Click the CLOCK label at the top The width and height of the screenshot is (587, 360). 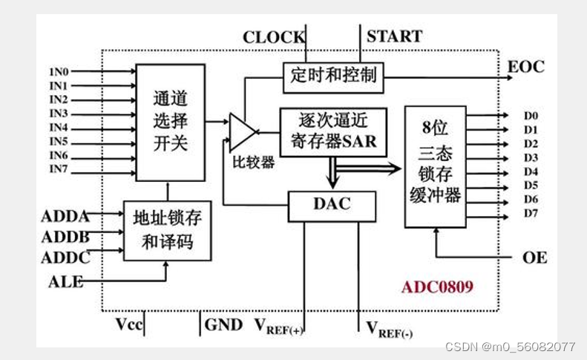pos(273,37)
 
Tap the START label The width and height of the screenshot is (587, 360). pos(394,36)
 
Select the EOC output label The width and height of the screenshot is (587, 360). pos(525,68)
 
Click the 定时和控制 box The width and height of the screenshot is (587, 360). pos(333,76)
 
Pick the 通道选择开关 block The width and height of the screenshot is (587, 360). pos(170,122)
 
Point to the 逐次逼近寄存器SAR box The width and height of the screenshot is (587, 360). pos(333,131)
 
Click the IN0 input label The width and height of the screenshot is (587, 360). pos(59,73)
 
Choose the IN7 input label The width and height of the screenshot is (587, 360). pos(59,170)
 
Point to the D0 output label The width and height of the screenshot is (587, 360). pos(530,116)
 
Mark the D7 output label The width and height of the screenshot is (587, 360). pos(530,215)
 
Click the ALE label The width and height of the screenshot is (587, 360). pos(65,281)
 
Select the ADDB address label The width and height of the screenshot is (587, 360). pos(65,237)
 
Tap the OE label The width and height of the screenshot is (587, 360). pos(534,258)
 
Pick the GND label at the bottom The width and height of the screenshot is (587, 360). pos(223,324)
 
